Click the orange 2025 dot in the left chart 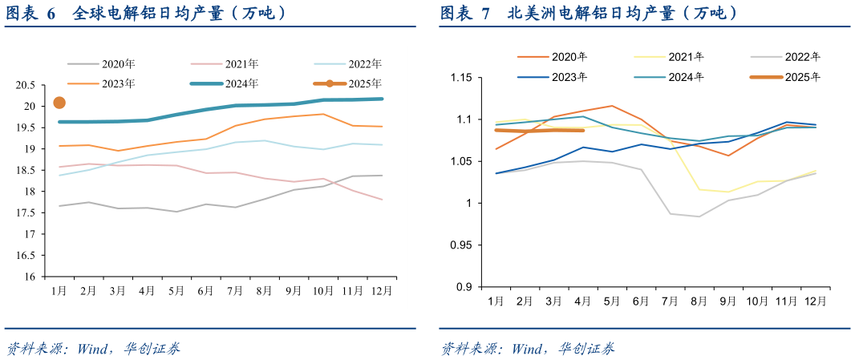(x=59, y=103)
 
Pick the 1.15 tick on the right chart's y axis (x=463, y=78)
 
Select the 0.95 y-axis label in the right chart (x=463, y=245)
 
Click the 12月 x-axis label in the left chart (x=383, y=290)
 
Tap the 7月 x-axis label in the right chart (x=669, y=301)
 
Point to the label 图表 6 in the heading (x=31, y=14)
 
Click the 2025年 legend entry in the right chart (x=803, y=77)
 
